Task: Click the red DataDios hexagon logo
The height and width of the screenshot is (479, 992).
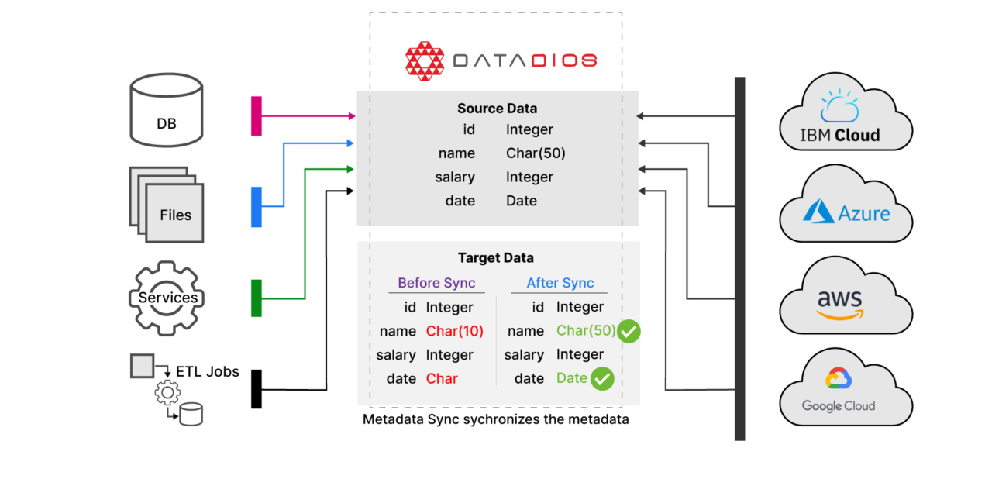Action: tap(425, 61)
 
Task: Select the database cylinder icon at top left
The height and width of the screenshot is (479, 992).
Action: tap(166, 109)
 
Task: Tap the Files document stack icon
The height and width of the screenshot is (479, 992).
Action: tap(167, 205)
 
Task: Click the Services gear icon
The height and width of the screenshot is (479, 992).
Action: tap(167, 298)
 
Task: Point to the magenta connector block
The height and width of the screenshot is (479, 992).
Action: tap(257, 116)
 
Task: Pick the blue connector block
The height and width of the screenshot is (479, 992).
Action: tap(257, 207)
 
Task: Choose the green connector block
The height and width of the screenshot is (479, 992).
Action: tap(257, 298)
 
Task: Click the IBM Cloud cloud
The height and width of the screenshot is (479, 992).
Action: tap(845, 116)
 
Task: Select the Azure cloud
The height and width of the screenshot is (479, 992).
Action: tap(846, 208)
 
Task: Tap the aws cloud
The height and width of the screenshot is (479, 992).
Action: tap(846, 299)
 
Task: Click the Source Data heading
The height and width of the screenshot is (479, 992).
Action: tap(497, 109)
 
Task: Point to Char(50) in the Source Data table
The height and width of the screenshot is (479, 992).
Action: tap(536, 153)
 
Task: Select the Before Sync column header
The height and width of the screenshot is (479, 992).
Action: tap(436, 283)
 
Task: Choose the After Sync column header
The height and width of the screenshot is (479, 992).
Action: tap(560, 283)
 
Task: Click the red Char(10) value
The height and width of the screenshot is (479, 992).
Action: tap(454, 331)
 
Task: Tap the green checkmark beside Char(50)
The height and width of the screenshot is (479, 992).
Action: tap(629, 331)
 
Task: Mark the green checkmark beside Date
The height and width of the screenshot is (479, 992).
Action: tap(602, 379)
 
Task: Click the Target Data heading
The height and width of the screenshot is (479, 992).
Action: tap(496, 258)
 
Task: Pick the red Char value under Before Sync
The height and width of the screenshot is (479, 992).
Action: tap(442, 379)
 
